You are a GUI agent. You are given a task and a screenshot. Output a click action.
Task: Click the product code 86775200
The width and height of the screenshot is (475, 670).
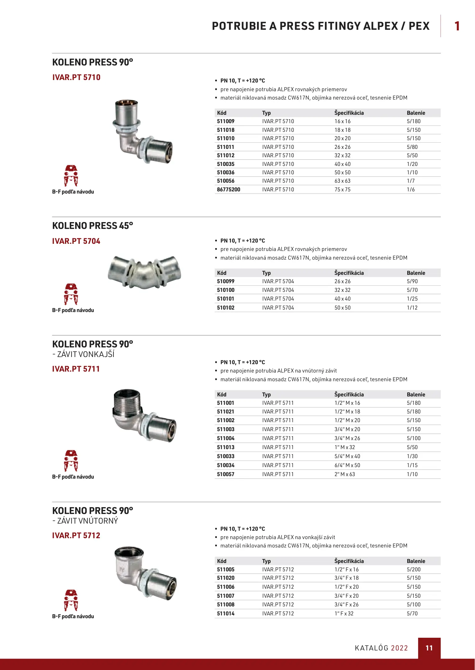228,190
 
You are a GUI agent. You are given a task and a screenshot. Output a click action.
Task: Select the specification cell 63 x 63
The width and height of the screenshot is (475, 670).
342,181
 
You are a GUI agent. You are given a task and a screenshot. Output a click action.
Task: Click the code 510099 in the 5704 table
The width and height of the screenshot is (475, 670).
226,281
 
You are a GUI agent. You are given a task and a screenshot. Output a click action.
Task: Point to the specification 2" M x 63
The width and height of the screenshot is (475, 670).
345,474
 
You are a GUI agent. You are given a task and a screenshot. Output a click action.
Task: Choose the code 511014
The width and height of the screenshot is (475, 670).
226,614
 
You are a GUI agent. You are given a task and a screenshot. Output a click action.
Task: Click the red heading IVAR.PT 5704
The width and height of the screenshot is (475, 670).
76,241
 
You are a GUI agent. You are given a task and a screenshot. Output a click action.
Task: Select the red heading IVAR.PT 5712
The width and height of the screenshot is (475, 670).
76,535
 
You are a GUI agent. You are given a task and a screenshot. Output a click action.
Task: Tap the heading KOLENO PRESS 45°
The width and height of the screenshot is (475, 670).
92,226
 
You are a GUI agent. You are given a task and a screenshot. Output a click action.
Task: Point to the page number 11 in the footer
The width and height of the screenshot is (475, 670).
429,648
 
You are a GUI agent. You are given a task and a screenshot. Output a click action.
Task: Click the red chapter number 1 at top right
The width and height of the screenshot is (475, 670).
457,26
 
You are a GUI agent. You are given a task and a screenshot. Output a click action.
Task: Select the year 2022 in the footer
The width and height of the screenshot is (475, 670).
399,648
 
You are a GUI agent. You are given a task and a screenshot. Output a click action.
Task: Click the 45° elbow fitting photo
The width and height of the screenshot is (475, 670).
144,272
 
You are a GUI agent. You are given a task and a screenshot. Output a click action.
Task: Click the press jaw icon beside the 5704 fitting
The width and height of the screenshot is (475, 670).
71,294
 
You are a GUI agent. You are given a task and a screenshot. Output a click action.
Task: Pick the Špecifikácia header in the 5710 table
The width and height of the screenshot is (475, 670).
349,113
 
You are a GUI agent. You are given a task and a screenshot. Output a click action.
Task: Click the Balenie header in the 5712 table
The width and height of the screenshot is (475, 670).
416,561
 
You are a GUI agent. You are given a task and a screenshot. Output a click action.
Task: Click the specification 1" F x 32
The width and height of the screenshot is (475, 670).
344,614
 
